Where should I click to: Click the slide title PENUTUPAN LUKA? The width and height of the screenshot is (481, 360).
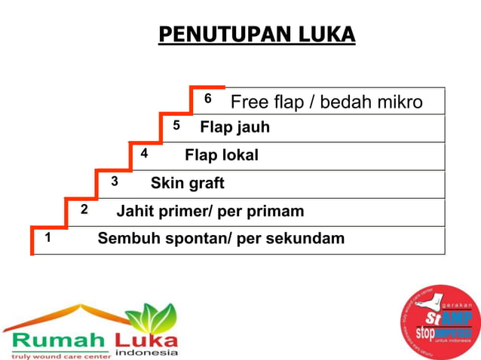tap(256, 35)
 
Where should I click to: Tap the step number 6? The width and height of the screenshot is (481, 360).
tap(208, 99)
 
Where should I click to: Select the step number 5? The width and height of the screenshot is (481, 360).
tap(176, 126)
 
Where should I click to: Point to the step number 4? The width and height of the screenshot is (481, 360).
tap(144, 153)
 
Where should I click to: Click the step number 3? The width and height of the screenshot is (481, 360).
tap(115, 181)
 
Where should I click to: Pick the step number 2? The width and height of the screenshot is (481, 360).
tap(84, 209)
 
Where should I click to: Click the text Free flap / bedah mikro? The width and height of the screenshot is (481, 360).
tap(326, 102)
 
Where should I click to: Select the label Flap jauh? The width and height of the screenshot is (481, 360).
tap(234, 127)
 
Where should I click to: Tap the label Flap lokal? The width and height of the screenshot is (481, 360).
tap(222, 155)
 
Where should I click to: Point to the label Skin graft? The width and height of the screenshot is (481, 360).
tap(188, 183)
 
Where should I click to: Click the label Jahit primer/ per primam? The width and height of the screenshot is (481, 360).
tap(210, 211)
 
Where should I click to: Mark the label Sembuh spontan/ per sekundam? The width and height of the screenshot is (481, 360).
tap(221, 239)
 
